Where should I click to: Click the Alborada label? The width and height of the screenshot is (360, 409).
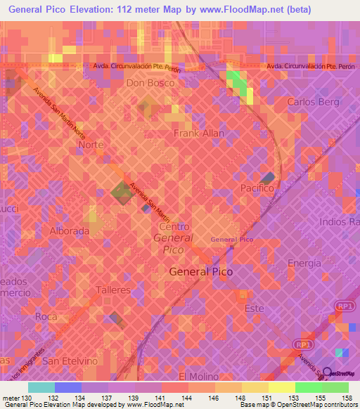[x=69, y=231]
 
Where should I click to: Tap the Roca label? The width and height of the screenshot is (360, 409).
[x=46, y=317]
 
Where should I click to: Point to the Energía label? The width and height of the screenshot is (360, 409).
[x=304, y=263]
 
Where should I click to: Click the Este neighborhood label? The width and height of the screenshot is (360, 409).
[x=253, y=309]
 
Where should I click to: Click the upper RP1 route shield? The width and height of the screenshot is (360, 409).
[x=345, y=306]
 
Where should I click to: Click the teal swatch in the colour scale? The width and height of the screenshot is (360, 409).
[x=41, y=387]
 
